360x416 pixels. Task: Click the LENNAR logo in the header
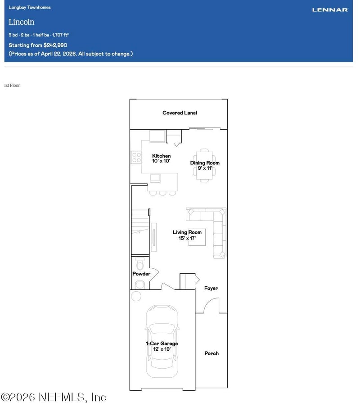click(330, 10)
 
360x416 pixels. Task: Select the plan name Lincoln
click(22, 22)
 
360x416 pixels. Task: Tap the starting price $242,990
click(55, 45)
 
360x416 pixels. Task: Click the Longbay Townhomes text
click(30, 8)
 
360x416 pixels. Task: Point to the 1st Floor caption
click(12, 85)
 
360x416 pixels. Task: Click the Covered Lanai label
click(180, 113)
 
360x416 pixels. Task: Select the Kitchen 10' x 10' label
click(161, 158)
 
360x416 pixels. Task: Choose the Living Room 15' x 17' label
click(187, 235)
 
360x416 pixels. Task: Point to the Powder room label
click(141, 274)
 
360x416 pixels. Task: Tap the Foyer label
click(211, 288)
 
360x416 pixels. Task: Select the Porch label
click(211, 353)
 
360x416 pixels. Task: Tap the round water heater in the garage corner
click(136, 296)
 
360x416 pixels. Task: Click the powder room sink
click(140, 285)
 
